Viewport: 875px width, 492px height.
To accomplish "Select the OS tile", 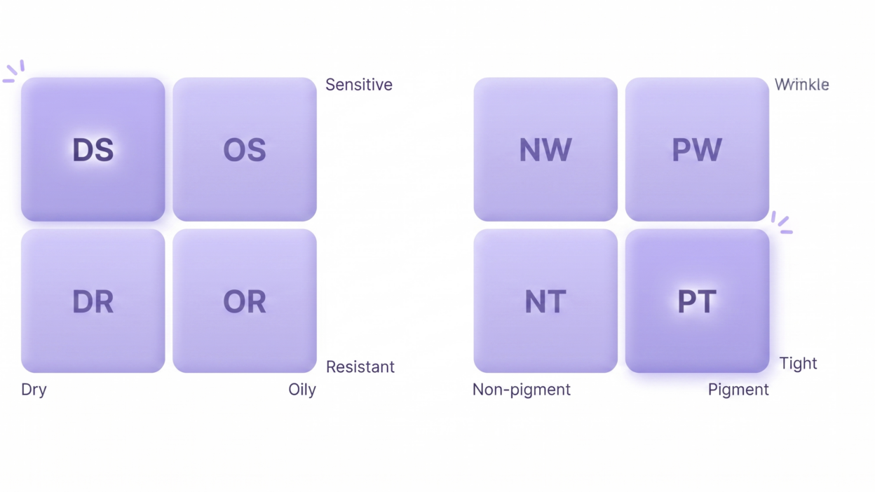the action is click(x=245, y=149).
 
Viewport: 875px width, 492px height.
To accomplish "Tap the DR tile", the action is click(x=93, y=301).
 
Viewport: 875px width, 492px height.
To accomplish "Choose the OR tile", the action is click(x=245, y=301).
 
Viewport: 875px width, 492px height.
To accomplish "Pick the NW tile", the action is click(x=545, y=149).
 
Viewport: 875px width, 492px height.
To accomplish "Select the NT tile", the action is click(x=545, y=301).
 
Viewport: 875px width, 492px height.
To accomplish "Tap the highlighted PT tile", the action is click(x=697, y=301).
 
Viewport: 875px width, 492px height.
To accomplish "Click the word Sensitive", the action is click(x=359, y=85).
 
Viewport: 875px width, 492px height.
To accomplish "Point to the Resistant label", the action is click(x=360, y=367).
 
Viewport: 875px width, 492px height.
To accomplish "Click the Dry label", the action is click(x=34, y=390).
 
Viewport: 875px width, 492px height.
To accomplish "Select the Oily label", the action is click(x=302, y=390).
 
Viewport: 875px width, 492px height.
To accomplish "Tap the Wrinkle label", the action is click(x=802, y=85).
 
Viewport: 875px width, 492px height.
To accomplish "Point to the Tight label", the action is click(x=799, y=363).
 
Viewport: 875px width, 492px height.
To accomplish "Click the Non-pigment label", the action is click(x=522, y=390).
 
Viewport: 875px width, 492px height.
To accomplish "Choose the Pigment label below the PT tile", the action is click(x=738, y=390).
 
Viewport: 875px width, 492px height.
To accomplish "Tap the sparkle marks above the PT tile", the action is click(x=782, y=222).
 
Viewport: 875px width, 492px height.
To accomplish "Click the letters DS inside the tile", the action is click(x=93, y=150).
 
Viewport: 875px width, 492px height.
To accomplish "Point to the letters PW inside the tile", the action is click(x=697, y=150).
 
